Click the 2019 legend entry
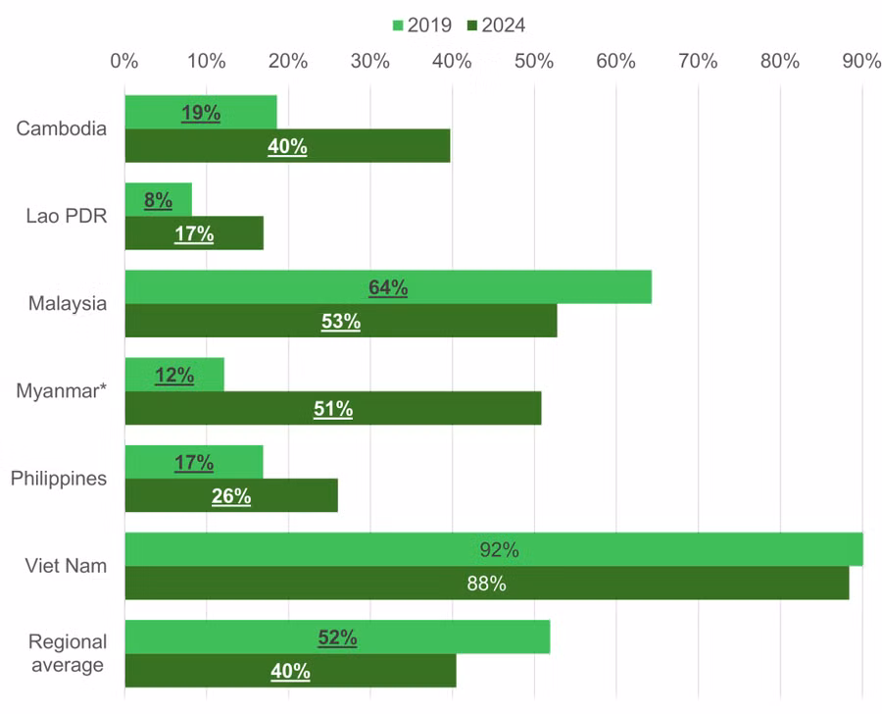(421, 25)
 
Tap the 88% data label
(486, 584)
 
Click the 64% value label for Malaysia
(388, 287)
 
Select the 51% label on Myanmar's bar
(333, 409)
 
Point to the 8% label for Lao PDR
(158, 200)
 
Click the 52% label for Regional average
(337, 637)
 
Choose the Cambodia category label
(61, 129)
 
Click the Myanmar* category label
(61, 391)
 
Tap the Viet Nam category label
(66, 567)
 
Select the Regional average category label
(67, 653)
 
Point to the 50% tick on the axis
(533, 61)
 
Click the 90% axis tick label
(860, 61)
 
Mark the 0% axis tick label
(123, 61)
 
